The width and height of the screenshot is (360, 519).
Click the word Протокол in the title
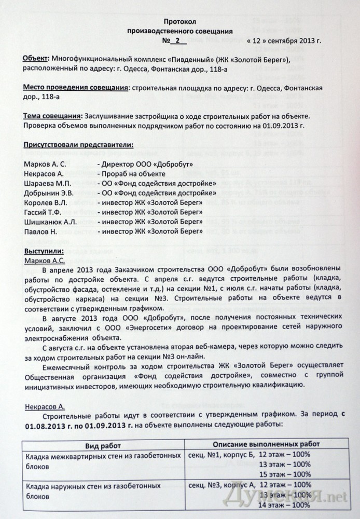[x=180, y=21]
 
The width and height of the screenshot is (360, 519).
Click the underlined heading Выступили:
[x=44, y=251]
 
